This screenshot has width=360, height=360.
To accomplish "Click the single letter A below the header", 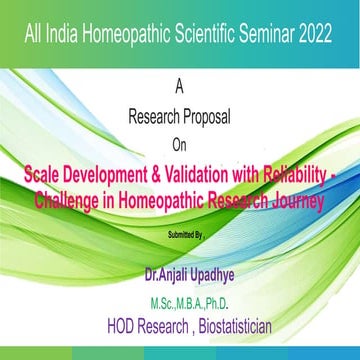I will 179,88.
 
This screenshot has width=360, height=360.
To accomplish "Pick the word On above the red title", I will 179,141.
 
